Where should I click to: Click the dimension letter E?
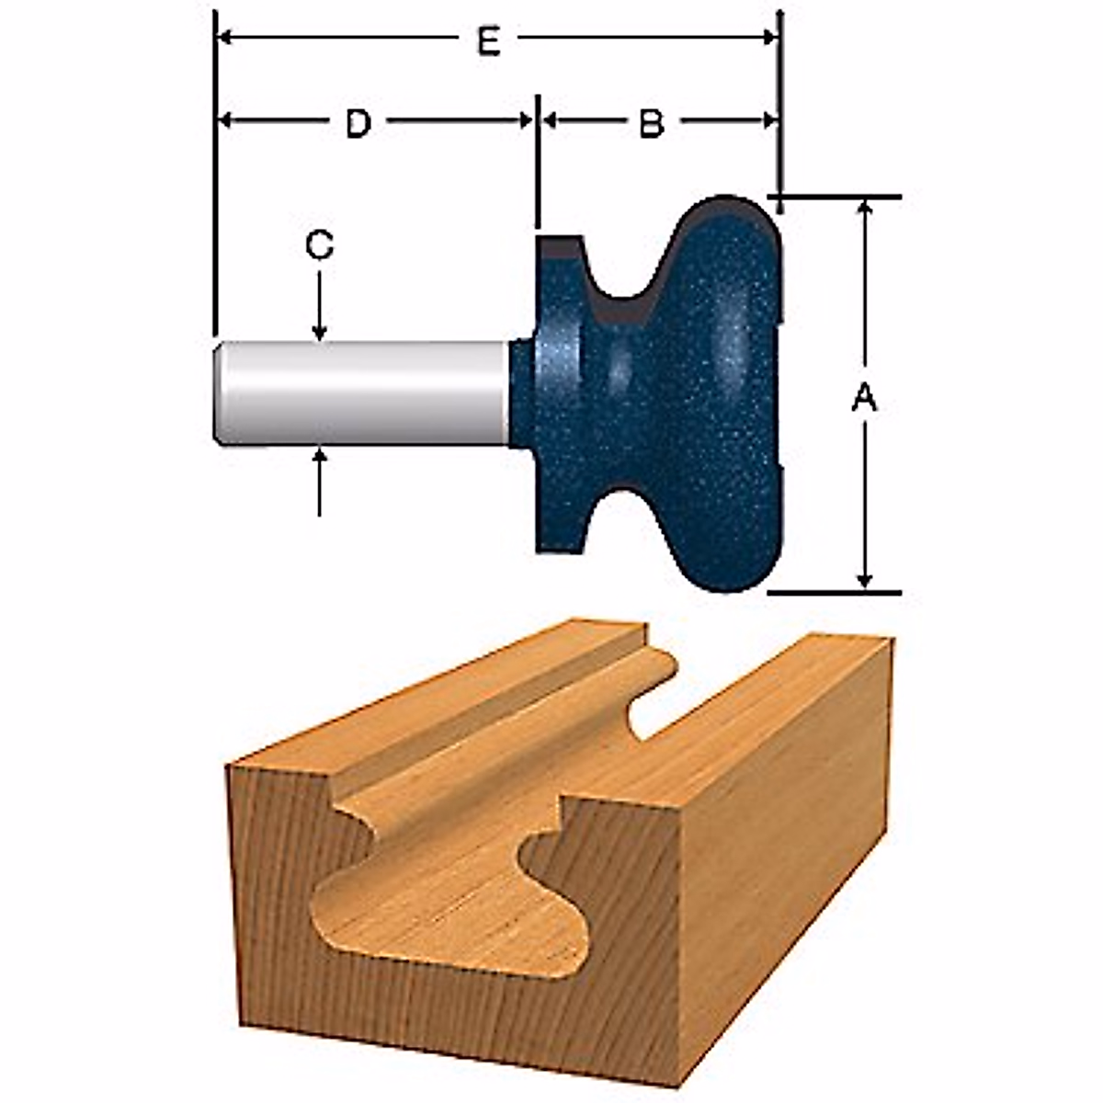(489, 41)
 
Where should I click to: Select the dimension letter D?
(358, 123)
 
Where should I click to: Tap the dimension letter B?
(652, 123)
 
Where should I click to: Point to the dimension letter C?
(319, 246)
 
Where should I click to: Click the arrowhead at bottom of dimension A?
(864, 579)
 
